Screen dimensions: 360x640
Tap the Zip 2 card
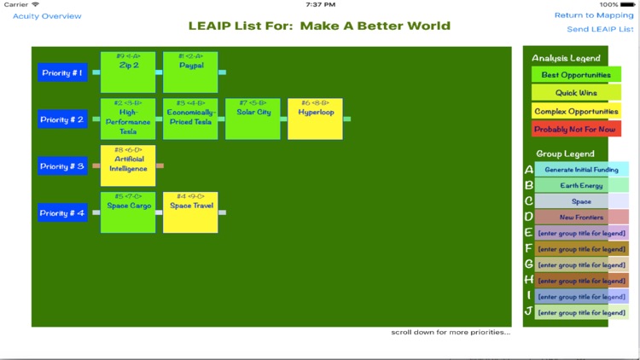click(x=128, y=73)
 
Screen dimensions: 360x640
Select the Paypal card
click(x=190, y=73)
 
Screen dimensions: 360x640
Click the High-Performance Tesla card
click(x=128, y=119)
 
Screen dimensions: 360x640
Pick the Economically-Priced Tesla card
click(x=190, y=119)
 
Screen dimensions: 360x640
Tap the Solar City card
click(x=253, y=119)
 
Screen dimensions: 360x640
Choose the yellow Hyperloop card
click(x=315, y=119)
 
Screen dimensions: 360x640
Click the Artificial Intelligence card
click(x=128, y=165)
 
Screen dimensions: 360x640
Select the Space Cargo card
click(x=128, y=212)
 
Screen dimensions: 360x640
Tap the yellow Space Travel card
click(x=190, y=212)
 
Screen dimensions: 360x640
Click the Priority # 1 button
click(x=62, y=73)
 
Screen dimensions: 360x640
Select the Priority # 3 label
click(x=62, y=166)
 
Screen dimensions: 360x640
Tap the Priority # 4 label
click(x=62, y=212)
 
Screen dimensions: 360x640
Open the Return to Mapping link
click(x=594, y=15)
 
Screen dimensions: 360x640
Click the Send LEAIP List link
click(x=600, y=29)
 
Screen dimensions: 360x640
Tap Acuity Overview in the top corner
click(x=47, y=16)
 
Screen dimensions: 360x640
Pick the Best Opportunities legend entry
click(x=576, y=75)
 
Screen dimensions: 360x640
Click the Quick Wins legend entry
click(x=576, y=93)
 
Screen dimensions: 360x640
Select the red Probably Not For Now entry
click(x=576, y=129)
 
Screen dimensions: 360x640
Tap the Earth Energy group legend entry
click(x=581, y=185)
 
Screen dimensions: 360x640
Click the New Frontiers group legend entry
click(x=581, y=217)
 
